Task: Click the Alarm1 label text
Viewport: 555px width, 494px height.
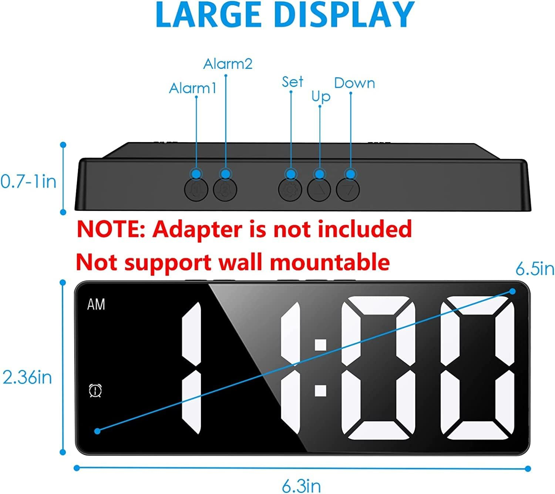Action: pyautogui.click(x=192, y=88)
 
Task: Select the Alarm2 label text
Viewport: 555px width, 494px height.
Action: pyautogui.click(x=228, y=64)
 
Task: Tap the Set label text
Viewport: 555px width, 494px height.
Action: pyautogui.click(x=292, y=82)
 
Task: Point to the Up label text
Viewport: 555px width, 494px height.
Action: pyautogui.click(x=320, y=97)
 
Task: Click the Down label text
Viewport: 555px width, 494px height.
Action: pyautogui.click(x=354, y=83)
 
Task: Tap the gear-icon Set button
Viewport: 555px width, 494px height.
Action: pyautogui.click(x=290, y=190)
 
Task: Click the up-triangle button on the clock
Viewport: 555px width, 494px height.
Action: pyautogui.click(x=319, y=190)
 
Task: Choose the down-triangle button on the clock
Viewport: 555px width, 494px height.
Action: pyautogui.click(x=348, y=190)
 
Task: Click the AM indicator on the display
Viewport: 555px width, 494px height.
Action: pyautogui.click(x=96, y=305)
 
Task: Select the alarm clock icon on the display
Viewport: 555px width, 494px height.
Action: pyautogui.click(x=95, y=391)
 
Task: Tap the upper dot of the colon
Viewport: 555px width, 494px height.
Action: pyautogui.click(x=320, y=345)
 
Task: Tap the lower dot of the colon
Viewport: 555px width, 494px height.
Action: pyautogui.click(x=320, y=391)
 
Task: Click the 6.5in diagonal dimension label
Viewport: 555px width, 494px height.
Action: pyautogui.click(x=535, y=269)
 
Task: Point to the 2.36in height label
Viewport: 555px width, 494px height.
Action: pyautogui.click(x=27, y=378)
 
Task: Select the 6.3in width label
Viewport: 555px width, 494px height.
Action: pyautogui.click(x=301, y=486)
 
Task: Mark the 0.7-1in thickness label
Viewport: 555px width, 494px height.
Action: pyautogui.click(x=28, y=182)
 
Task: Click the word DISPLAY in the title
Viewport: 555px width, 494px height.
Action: pyautogui.click(x=344, y=15)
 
